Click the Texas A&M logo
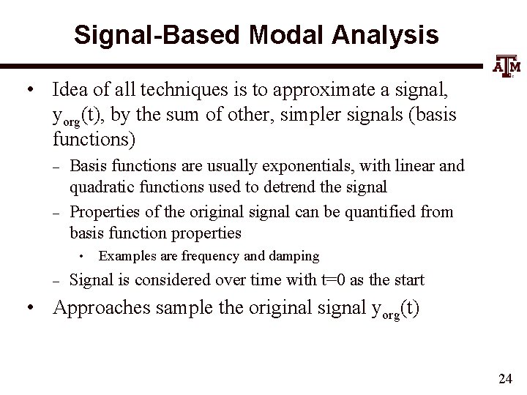504,67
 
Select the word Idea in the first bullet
70,89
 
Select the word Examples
128,255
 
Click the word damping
293,256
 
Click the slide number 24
504,378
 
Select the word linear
415,166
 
